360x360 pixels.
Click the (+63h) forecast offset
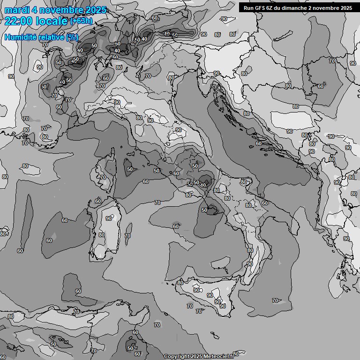pyautogui.click(x=81, y=21)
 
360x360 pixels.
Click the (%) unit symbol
pyautogui.click(x=72, y=37)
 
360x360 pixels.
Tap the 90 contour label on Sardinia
pyautogui.click(x=109, y=218)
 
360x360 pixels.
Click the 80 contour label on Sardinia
pyautogui.click(x=102, y=235)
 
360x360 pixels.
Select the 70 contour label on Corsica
pyautogui.click(x=103, y=177)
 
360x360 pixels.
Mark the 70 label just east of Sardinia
pyautogui.click(x=127, y=236)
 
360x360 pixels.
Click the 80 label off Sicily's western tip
pyautogui.click(x=180, y=283)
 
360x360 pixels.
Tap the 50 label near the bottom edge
pyautogui.click(x=130, y=348)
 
